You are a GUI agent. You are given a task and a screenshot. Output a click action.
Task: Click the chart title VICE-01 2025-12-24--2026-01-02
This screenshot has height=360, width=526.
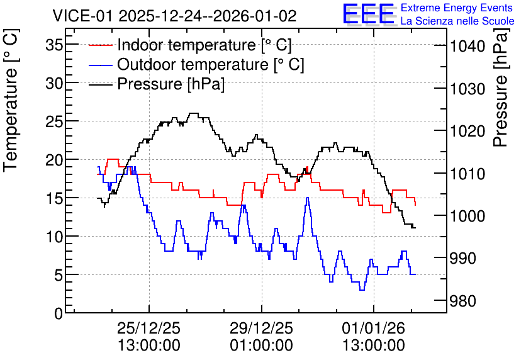(174, 16)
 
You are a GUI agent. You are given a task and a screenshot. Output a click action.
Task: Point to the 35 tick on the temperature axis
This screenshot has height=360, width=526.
(54, 45)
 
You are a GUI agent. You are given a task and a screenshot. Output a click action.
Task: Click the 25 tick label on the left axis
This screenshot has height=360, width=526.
(54, 121)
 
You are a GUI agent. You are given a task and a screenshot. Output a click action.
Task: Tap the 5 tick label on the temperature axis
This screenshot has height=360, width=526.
(59, 275)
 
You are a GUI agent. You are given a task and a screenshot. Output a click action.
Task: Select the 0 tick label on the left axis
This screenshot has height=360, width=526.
(59, 314)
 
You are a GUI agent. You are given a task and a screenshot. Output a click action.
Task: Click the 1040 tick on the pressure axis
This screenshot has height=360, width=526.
(467, 46)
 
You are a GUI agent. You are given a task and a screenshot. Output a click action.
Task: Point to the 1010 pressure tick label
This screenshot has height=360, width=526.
(467, 174)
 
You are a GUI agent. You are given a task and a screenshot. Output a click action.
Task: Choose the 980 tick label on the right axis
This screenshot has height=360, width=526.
(462, 301)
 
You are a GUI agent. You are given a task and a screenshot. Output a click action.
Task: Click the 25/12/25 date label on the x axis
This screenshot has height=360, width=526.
(149, 328)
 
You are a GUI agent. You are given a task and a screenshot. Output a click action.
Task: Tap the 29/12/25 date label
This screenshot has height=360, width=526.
(261, 328)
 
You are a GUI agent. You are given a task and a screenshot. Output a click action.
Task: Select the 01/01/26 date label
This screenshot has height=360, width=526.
(373, 328)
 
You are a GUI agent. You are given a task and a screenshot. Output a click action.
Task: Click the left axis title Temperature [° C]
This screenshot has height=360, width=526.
(11, 100)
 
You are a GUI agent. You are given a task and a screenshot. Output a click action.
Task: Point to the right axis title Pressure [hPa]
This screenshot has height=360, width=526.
(501, 87)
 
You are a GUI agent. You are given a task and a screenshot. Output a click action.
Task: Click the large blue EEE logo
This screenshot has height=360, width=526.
(369, 14)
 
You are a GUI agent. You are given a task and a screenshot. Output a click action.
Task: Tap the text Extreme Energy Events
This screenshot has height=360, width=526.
(457, 8)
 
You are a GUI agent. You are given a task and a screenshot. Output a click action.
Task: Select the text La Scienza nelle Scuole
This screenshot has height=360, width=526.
(457, 21)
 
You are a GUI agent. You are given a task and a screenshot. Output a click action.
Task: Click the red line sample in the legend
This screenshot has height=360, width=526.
(100, 45)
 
